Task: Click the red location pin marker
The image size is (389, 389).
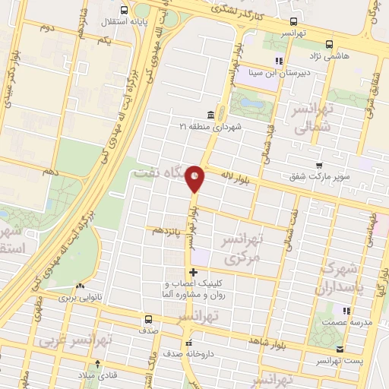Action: point(195,179)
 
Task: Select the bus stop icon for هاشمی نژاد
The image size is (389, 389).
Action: point(329,44)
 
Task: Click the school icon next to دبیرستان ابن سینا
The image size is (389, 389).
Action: point(279,60)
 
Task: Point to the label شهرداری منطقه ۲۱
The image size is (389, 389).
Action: point(210,126)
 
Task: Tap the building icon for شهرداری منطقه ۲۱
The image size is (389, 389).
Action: point(210,115)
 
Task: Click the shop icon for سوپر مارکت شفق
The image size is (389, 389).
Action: point(320,166)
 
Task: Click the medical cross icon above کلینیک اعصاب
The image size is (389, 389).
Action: point(194,272)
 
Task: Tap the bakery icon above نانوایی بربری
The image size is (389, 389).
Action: point(80,286)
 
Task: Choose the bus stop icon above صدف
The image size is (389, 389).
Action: point(148,320)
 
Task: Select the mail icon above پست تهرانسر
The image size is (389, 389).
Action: point(340,349)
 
